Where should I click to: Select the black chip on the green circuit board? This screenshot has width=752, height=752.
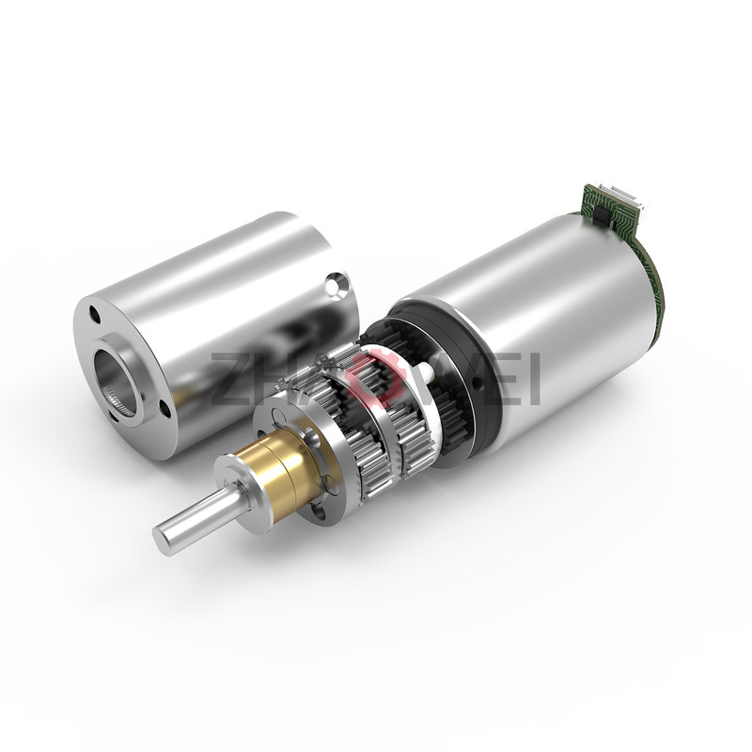coord(603,211)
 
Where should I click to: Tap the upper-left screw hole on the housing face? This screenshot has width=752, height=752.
coord(94,317)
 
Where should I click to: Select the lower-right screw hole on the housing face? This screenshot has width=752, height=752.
coord(164,409)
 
